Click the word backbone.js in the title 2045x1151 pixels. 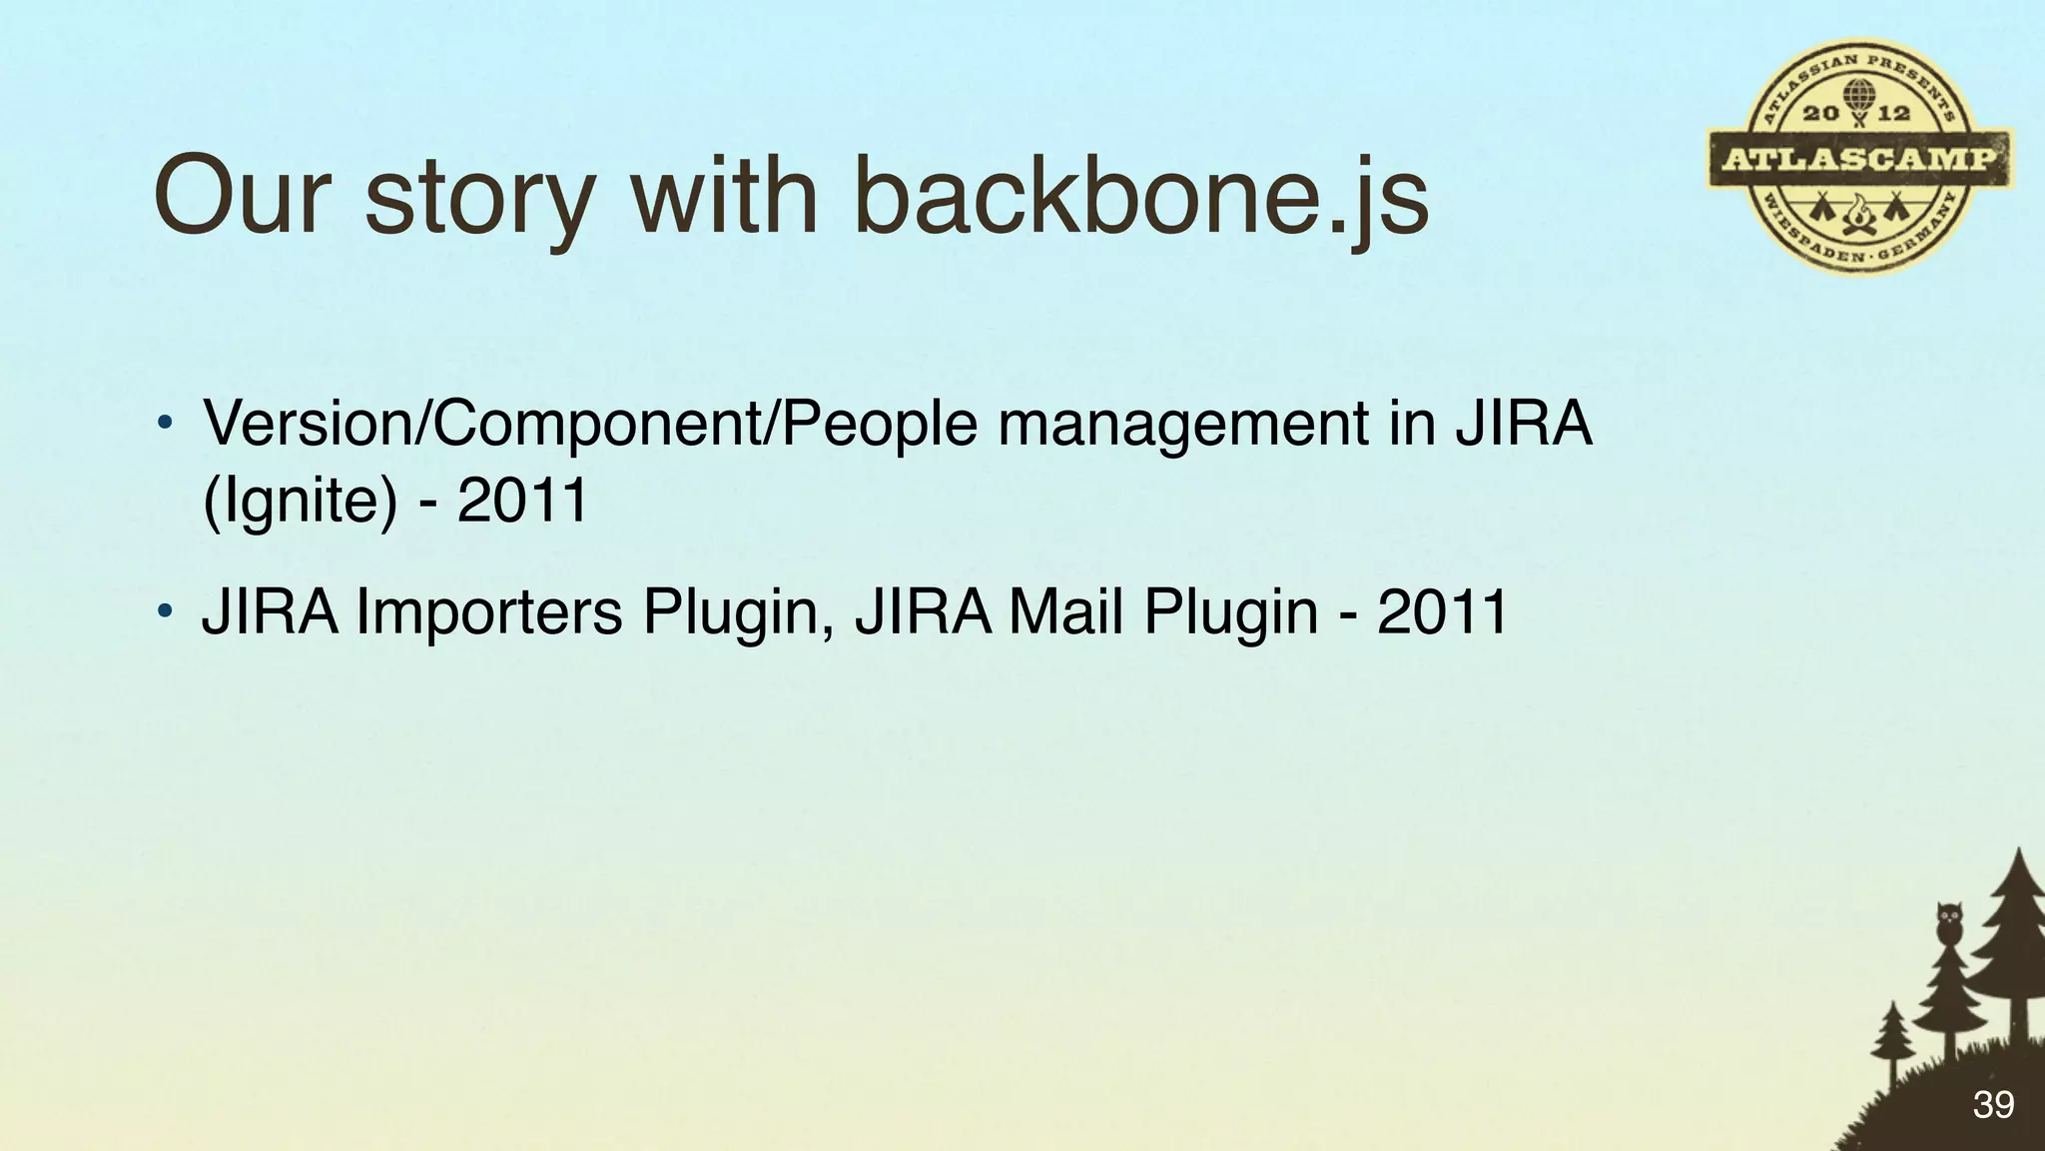[x=1140, y=196]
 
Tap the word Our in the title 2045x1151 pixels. [x=242, y=196]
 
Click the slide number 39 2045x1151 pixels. [x=1993, y=1105]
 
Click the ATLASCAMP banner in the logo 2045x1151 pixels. [x=1859, y=159]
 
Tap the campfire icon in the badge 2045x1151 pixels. [x=1858, y=214]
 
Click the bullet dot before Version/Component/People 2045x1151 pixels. [x=166, y=422]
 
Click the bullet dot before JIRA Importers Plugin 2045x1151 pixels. [x=166, y=610]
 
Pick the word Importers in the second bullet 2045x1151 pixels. [x=489, y=611]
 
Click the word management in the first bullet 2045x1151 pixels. [x=1183, y=424]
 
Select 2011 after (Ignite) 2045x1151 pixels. [x=523, y=500]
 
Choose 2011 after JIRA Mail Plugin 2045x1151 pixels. [x=1442, y=611]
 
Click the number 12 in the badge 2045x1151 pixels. [x=1894, y=112]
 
